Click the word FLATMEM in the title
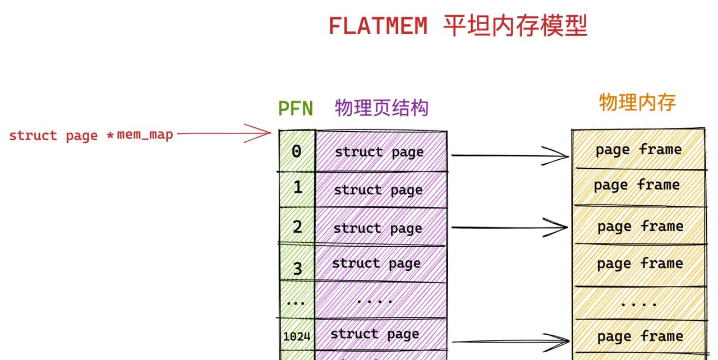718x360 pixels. point(377,26)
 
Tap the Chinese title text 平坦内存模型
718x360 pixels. point(515,26)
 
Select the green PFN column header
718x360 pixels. point(296,108)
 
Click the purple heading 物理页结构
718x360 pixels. point(381,108)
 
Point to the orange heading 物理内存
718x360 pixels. point(637,103)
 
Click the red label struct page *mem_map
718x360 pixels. point(91,135)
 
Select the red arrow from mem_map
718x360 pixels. point(224,133)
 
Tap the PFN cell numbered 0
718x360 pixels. point(297,151)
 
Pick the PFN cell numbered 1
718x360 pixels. point(297,188)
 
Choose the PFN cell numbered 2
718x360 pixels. point(297,227)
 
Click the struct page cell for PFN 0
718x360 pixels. point(380,151)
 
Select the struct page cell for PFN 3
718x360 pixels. point(380,264)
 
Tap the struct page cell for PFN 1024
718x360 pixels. point(380,335)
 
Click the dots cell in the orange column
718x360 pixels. point(638,303)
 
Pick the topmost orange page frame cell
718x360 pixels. point(638,150)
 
